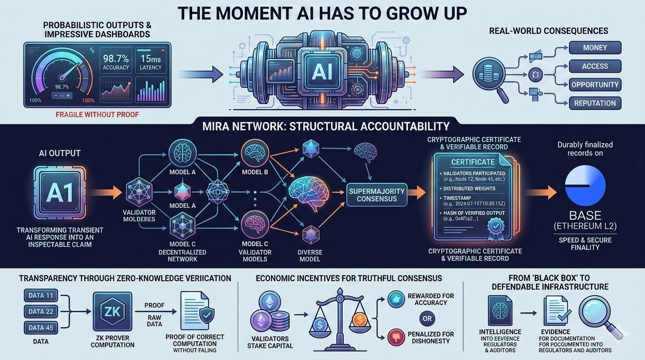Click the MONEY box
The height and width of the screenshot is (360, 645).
[595, 48]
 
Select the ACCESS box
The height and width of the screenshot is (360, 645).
[595, 66]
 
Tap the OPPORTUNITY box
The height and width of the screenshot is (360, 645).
[595, 85]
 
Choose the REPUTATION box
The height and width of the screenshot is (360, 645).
[595, 103]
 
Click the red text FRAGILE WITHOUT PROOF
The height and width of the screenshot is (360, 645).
[97, 114]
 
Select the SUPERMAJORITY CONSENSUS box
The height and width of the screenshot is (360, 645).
[376, 194]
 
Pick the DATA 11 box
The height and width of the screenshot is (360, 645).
[41, 296]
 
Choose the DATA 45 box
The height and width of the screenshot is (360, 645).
[41, 327]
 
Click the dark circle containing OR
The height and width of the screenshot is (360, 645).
[427, 319]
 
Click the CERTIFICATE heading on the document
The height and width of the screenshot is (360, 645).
[472, 162]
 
